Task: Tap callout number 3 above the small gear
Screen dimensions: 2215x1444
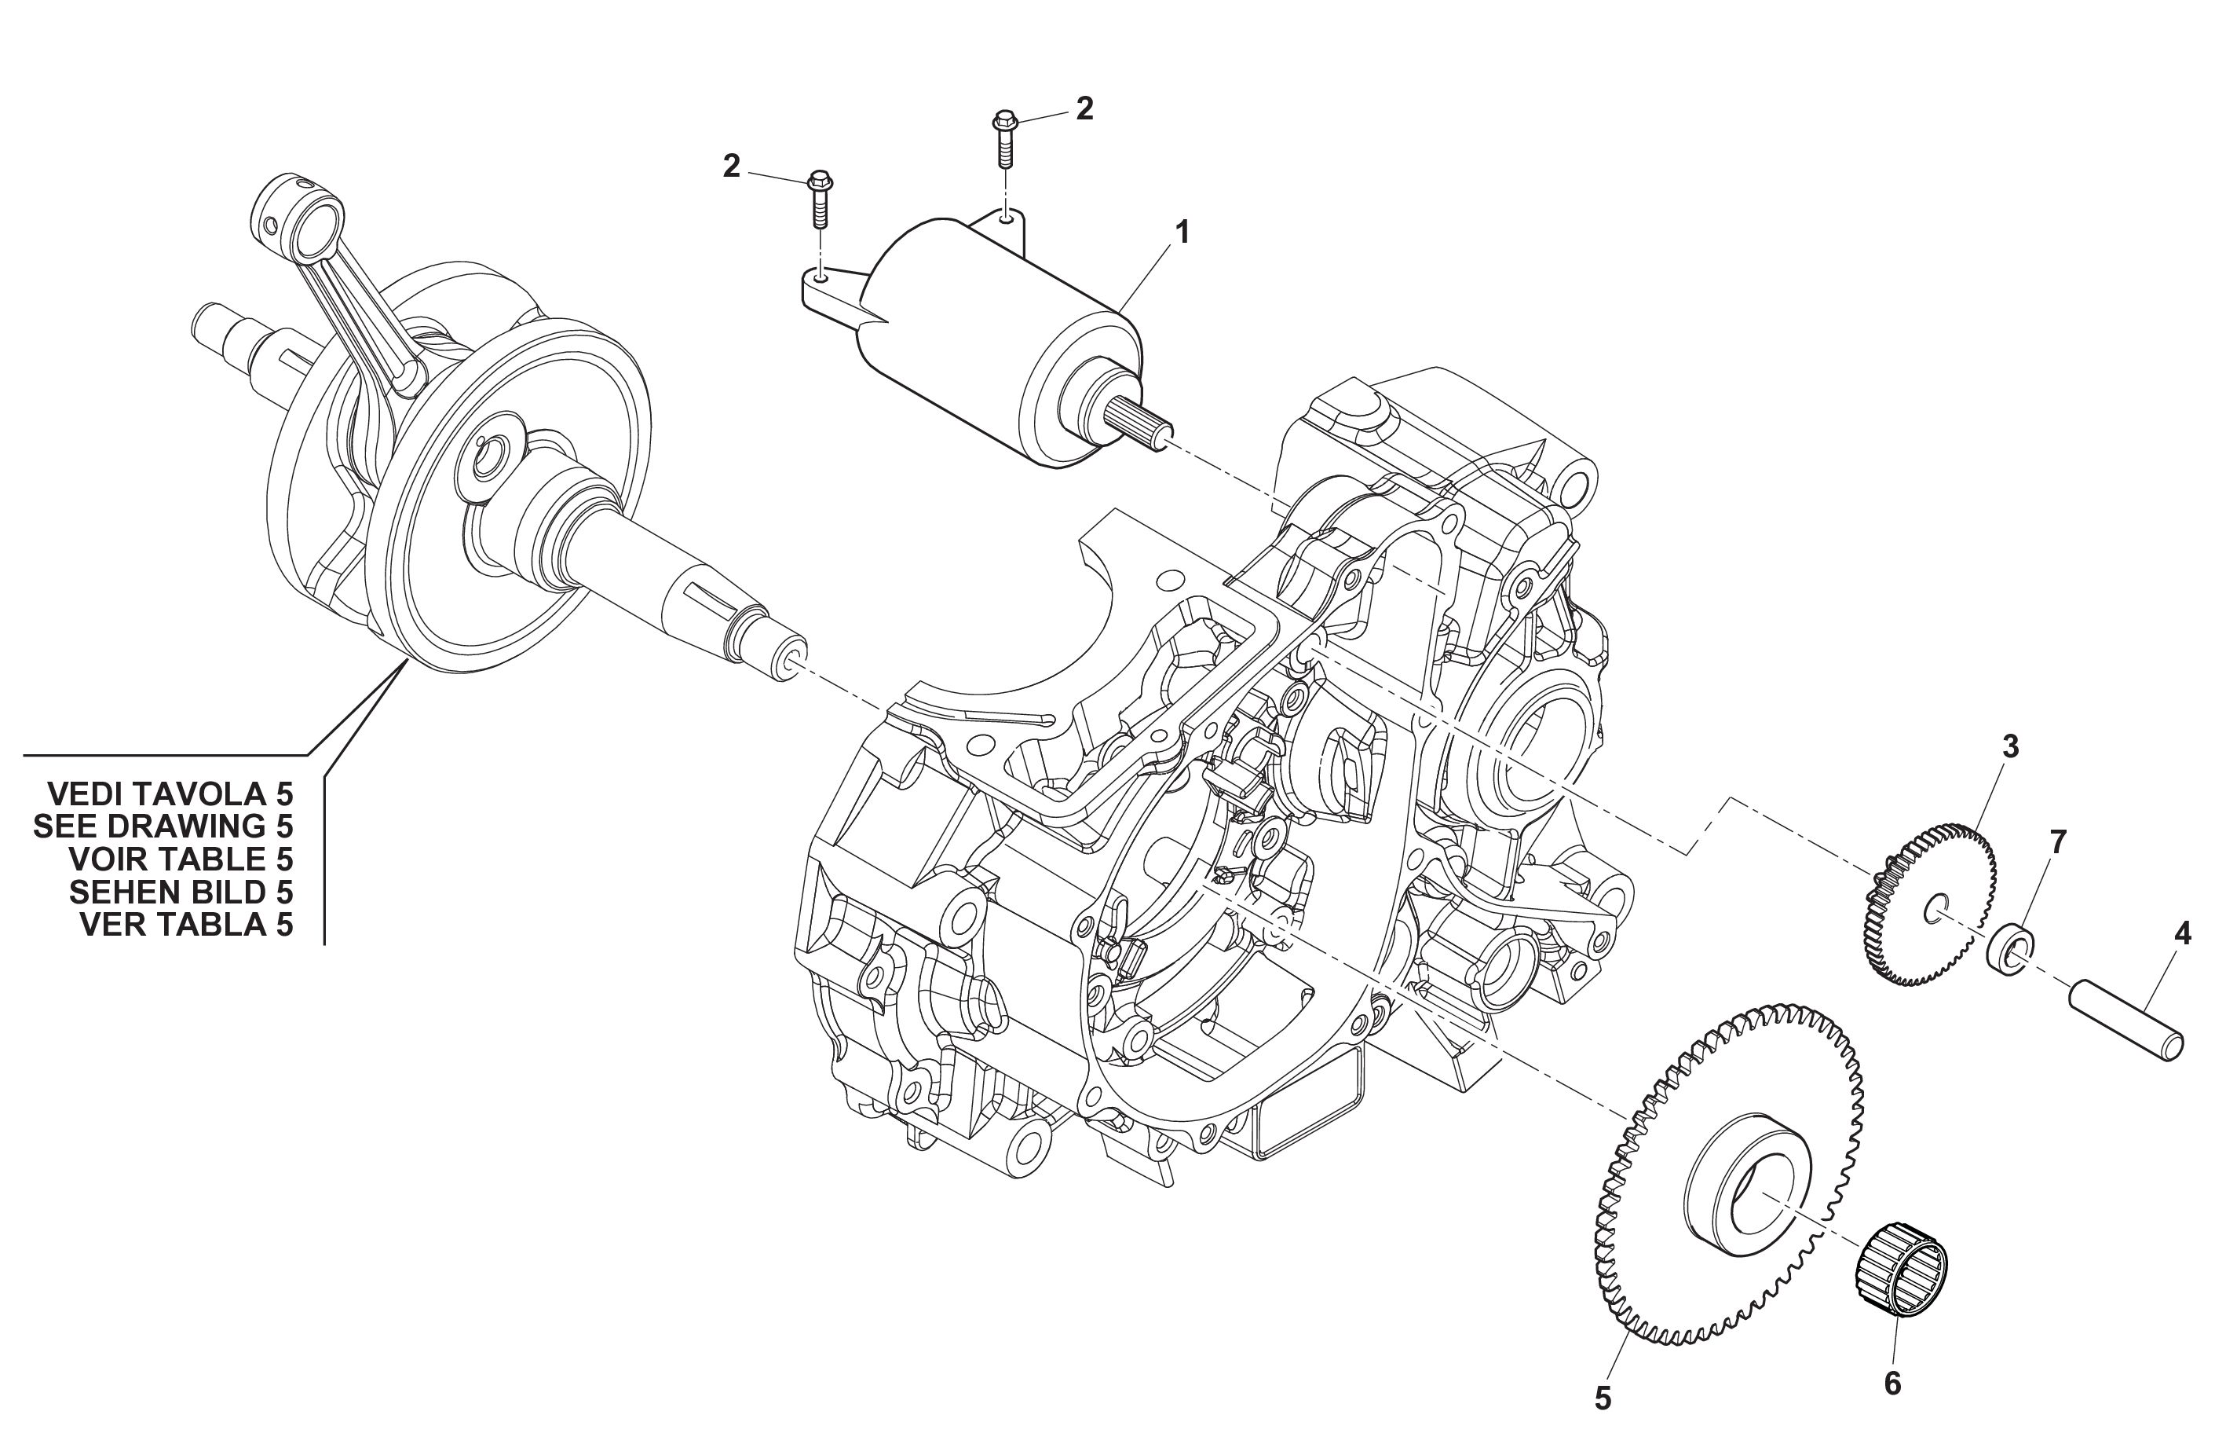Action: point(2010,746)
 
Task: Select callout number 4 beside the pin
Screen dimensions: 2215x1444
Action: point(2181,935)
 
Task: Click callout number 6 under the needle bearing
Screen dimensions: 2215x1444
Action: point(1892,1384)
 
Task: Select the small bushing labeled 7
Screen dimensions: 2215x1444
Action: point(2010,951)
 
